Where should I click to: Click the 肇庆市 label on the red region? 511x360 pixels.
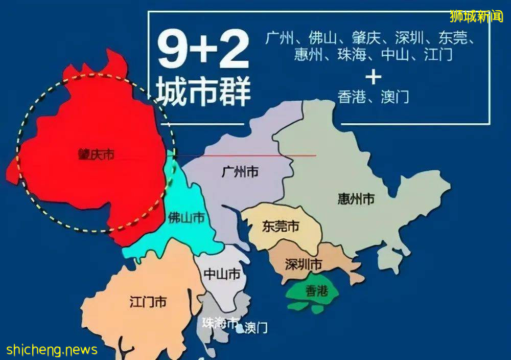point(96,154)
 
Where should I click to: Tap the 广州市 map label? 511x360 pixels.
point(240,172)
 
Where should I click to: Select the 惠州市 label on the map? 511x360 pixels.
point(356,199)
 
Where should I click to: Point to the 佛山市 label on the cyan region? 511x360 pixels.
point(186,218)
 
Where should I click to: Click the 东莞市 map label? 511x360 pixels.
point(280,226)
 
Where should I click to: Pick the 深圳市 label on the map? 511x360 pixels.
point(303,265)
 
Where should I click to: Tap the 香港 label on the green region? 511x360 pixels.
point(316,291)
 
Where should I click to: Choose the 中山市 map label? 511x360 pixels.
point(222,274)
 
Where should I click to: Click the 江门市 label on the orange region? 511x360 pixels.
point(148,302)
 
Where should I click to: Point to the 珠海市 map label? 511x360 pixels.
point(220,323)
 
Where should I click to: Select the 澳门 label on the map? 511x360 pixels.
point(256,327)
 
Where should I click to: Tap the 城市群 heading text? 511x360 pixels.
point(203,92)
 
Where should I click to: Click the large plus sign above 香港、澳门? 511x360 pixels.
point(374,77)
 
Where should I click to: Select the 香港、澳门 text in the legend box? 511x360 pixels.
point(374,97)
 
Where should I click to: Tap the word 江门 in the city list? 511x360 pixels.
point(438,55)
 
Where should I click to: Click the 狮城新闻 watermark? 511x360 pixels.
point(476,16)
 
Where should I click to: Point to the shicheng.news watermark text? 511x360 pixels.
point(52,350)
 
